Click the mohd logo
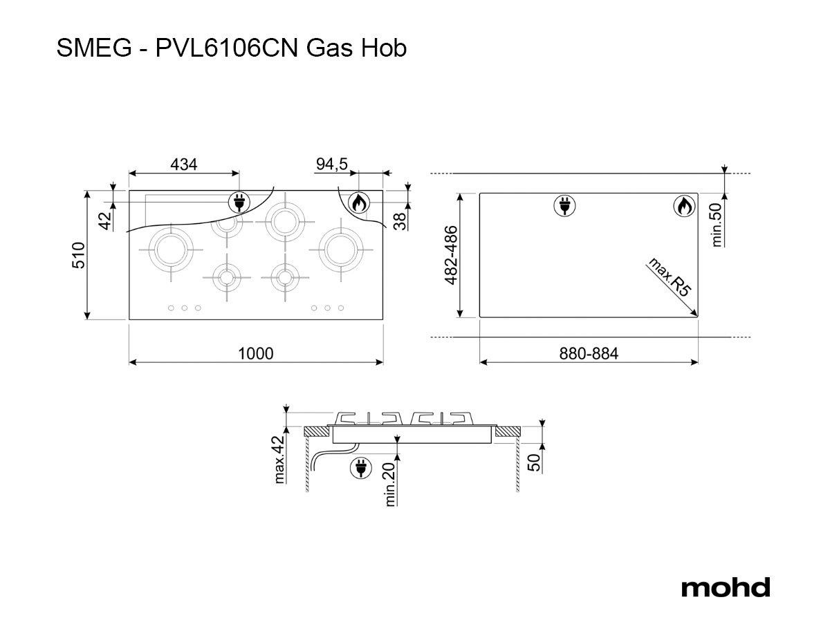[726, 587]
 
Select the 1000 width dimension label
[256, 353]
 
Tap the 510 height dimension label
[78, 255]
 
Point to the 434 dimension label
[184, 164]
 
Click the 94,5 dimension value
[331, 164]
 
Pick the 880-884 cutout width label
[589, 353]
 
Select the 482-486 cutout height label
[451, 255]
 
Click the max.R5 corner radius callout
[670, 277]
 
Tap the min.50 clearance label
[717, 225]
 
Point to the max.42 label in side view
[279, 459]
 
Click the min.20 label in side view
[390, 484]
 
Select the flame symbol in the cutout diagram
[685, 207]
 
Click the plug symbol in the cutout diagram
[564, 206]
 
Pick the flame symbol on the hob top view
[358, 202]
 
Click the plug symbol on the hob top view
[239, 202]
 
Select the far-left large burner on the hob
[171, 249]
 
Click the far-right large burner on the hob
[341, 249]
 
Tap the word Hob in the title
[384, 48]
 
